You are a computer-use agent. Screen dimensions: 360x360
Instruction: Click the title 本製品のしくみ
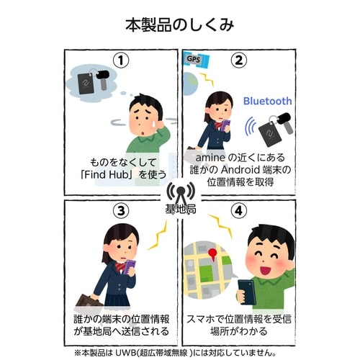click(180, 26)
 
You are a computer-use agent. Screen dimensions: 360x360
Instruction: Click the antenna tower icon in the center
click(180, 193)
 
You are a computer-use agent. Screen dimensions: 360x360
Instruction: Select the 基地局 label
click(180, 210)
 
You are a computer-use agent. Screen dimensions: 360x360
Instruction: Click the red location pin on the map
click(215, 256)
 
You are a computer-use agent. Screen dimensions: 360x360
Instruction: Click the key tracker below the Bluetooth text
click(274, 129)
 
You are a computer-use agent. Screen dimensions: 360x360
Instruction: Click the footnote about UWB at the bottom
click(180, 353)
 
